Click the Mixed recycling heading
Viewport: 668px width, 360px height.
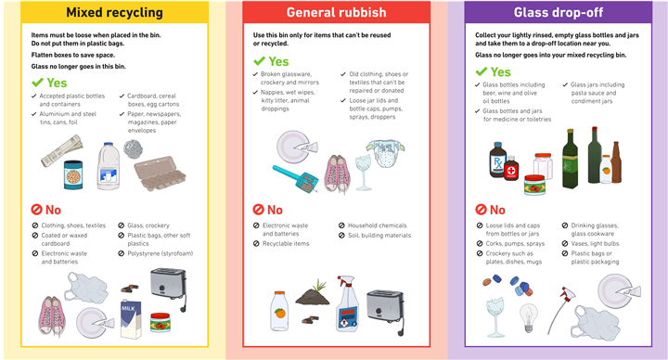(x=114, y=12)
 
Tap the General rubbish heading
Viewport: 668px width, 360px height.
(x=336, y=12)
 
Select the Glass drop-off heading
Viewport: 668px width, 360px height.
(x=559, y=12)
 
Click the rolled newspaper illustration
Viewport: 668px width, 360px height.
(x=62, y=150)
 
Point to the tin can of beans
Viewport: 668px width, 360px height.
(x=73, y=174)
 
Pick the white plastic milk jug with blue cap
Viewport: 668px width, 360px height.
(x=109, y=166)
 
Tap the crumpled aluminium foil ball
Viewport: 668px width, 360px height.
(x=133, y=149)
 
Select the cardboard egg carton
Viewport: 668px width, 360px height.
(x=160, y=173)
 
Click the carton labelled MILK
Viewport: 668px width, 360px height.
(x=131, y=319)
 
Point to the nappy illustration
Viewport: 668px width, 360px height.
(x=386, y=153)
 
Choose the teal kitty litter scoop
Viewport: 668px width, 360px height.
(x=295, y=177)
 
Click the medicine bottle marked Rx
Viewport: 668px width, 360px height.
(x=497, y=160)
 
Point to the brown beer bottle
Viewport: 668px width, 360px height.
(x=616, y=162)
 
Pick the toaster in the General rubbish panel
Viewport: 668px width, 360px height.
(x=386, y=311)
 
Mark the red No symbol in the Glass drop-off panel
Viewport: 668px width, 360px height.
(x=481, y=210)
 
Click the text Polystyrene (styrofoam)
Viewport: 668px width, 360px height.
(x=161, y=253)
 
